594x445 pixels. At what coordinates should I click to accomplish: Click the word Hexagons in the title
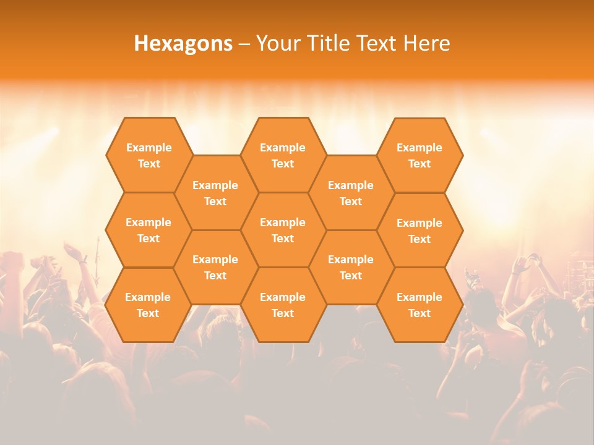point(183,43)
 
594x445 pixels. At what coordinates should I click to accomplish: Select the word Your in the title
point(275,43)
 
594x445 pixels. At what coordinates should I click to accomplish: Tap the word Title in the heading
point(327,43)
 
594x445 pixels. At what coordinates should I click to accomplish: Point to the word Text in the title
point(377,43)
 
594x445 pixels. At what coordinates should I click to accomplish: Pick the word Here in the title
point(426,43)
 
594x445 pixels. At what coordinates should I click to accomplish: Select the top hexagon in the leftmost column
point(148,155)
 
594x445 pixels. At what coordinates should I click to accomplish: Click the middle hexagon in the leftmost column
point(148,230)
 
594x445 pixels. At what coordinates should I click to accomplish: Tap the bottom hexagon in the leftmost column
point(148,305)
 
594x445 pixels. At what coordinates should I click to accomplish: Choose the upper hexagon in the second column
point(215,193)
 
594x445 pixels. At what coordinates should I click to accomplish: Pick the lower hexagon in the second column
point(215,267)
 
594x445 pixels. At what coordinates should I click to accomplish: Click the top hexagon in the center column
point(283,155)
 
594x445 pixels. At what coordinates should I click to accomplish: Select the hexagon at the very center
point(283,230)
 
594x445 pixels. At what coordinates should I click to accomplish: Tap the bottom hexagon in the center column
point(283,305)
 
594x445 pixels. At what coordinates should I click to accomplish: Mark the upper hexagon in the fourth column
point(351,193)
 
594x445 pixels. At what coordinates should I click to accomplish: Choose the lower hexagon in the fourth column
point(351,267)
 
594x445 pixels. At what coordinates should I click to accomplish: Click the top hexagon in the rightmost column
point(420,155)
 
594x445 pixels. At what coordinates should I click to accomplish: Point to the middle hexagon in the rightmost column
point(420,231)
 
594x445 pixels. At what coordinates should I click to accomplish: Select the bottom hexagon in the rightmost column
point(420,305)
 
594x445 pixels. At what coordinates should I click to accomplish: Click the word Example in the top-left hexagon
point(148,148)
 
